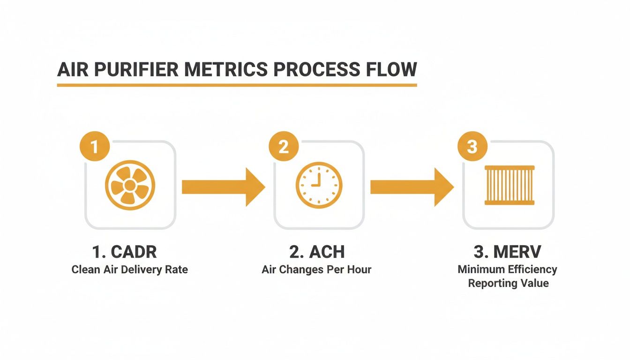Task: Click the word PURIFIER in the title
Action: tap(135, 69)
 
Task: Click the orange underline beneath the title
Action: tap(237, 85)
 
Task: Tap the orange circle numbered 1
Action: tap(95, 147)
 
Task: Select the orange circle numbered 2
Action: tap(284, 147)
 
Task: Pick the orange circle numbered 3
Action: tap(472, 147)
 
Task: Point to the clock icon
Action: tap(319, 185)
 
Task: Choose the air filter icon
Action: tap(509, 185)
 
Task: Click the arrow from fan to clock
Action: tap(223, 187)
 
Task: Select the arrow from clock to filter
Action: tap(412, 187)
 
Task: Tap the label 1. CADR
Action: tap(124, 252)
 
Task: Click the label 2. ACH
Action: tap(317, 252)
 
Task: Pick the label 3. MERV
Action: tap(508, 252)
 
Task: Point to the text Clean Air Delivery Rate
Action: tap(129, 270)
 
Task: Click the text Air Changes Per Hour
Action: tap(316, 270)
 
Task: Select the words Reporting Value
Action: tap(508, 284)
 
